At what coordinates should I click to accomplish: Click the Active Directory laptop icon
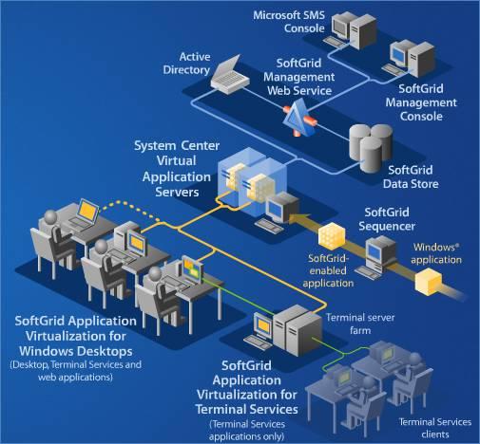pos(230,76)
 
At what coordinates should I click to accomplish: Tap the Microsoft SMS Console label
pos(289,22)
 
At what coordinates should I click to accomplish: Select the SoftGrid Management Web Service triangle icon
pos(299,118)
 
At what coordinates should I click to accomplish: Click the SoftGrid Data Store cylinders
pos(371,148)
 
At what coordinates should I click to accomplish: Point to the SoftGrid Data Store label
pos(411,176)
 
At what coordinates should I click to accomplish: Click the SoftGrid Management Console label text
pos(421,102)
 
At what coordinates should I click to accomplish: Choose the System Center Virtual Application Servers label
pos(177,169)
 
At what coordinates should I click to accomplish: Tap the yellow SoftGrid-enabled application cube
pos(332,235)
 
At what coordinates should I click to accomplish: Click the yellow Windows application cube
pos(429,282)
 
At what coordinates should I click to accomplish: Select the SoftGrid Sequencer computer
pos(375,258)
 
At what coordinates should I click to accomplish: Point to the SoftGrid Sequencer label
pos(387,219)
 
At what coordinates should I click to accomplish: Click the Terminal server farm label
pos(360,324)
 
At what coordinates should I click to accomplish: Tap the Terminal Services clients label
pos(435,428)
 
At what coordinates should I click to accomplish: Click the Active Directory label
pos(186,64)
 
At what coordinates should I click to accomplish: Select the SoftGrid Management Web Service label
pos(298,77)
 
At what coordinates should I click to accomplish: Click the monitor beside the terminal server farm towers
pos(263,326)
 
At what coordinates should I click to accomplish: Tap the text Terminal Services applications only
pos(247,431)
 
